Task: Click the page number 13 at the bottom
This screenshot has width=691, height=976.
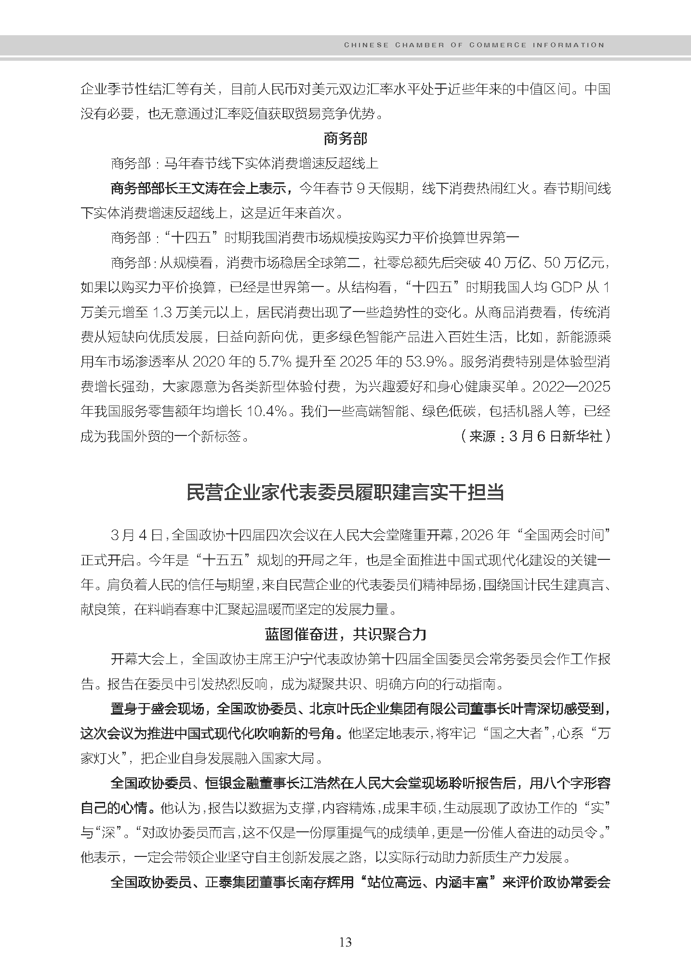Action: point(345,942)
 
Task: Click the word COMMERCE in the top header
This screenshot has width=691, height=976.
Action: point(498,45)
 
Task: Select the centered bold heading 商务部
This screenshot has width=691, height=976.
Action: point(345,139)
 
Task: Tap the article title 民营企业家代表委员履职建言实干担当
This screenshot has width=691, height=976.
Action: point(345,493)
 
